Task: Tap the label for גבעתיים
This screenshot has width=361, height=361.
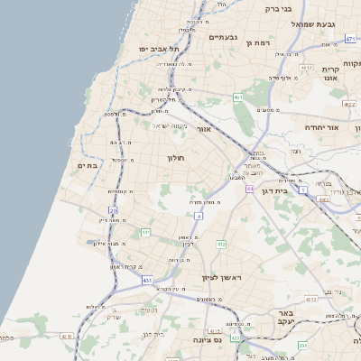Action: pyautogui.click(x=222, y=38)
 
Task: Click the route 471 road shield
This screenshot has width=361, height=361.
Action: pyautogui.click(x=349, y=39)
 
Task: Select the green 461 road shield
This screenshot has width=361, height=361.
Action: pyautogui.click(x=237, y=97)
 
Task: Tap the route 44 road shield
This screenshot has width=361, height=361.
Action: pyautogui.click(x=249, y=189)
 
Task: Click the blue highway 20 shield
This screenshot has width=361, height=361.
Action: pyautogui.click(x=114, y=211)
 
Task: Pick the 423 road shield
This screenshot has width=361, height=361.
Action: pyautogui.click(x=236, y=338)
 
